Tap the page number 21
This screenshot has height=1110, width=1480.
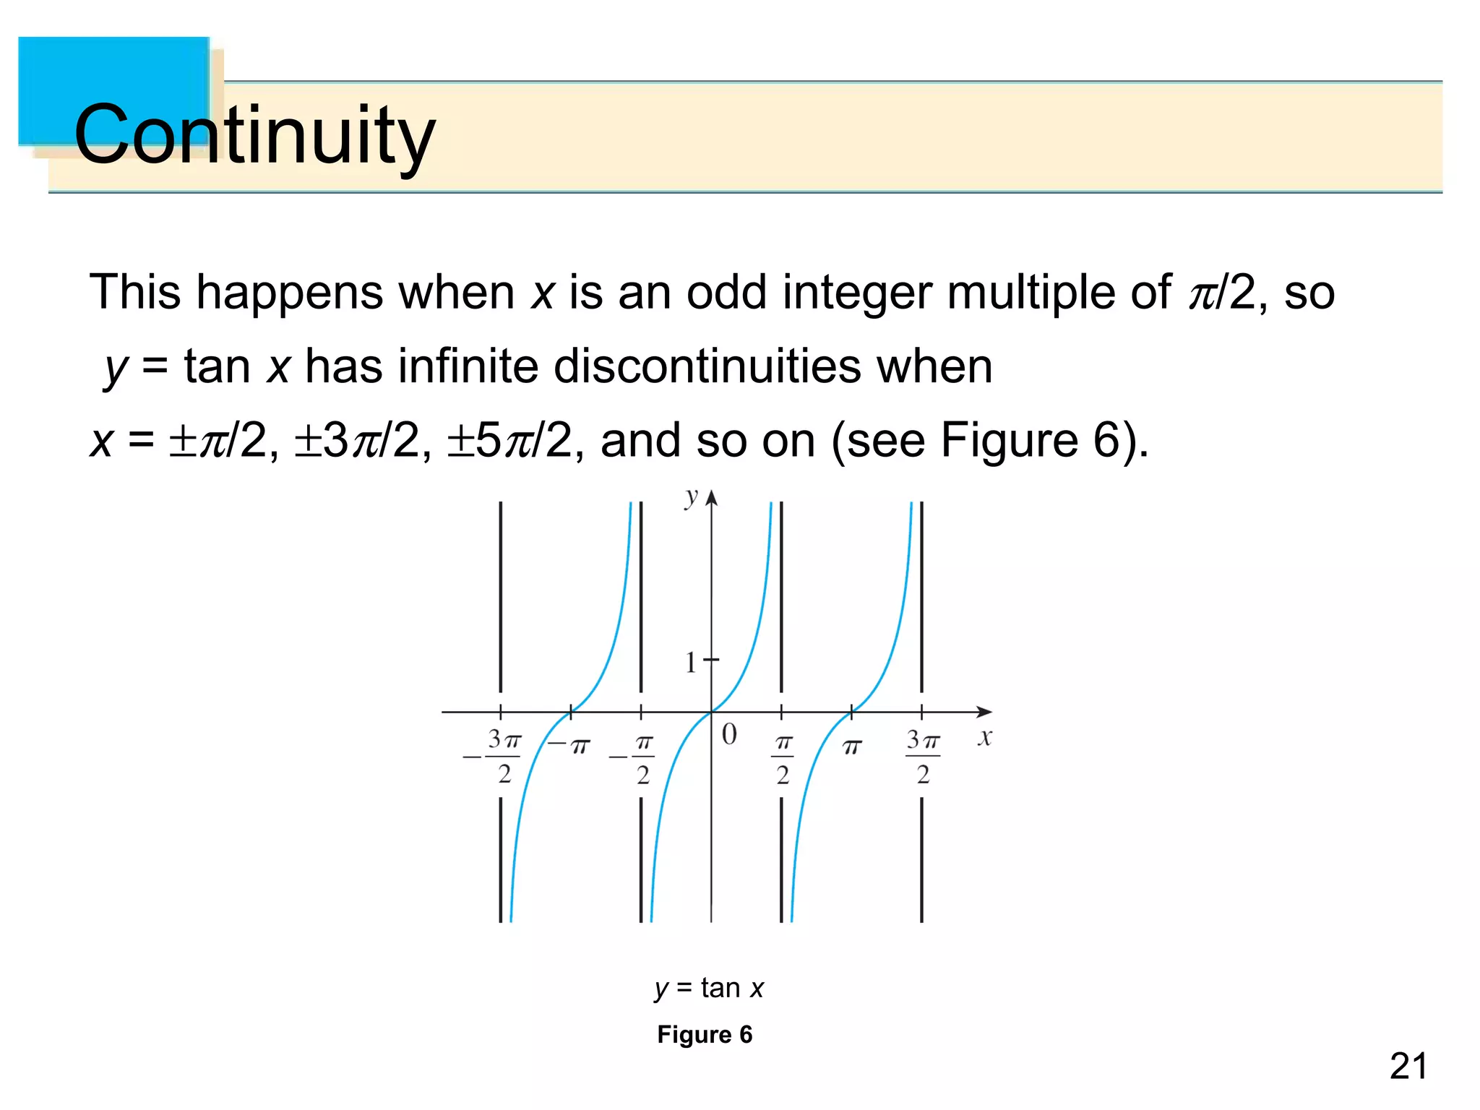point(1408,1067)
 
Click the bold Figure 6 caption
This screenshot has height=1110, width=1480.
point(705,1034)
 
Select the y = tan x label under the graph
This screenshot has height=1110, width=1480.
point(709,987)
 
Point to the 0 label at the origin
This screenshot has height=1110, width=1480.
point(729,734)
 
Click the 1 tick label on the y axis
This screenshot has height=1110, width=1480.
point(691,662)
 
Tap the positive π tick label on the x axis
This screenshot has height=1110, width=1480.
point(852,747)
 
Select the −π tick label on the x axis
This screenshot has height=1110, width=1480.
point(569,745)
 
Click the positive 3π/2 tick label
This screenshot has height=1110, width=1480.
point(923,757)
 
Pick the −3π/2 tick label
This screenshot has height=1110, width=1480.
point(494,757)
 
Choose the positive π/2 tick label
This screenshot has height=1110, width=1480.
point(783,759)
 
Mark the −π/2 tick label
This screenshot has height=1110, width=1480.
point(634,759)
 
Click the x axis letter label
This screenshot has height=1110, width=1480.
point(984,738)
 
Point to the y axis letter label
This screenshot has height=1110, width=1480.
point(692,497)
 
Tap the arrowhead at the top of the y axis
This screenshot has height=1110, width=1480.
point(712,498)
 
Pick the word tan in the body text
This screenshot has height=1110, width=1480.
point(217,366)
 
